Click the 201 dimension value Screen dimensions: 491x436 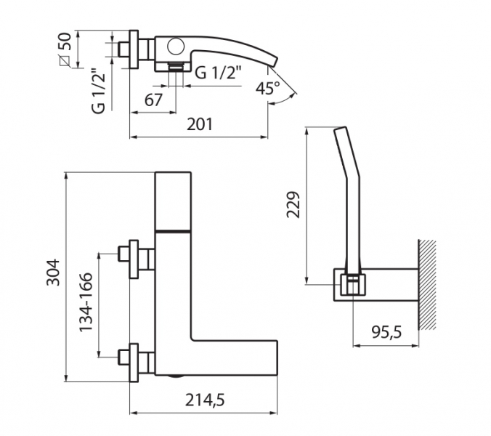200,124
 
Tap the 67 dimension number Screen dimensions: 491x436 153,100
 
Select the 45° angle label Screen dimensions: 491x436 267,88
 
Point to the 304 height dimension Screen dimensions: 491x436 52,272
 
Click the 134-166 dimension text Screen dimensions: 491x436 86,302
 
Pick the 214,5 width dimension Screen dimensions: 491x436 205,400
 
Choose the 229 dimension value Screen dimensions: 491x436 293,204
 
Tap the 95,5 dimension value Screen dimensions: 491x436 386,332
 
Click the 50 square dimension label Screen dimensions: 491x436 65,41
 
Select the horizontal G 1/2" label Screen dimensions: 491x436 218,73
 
